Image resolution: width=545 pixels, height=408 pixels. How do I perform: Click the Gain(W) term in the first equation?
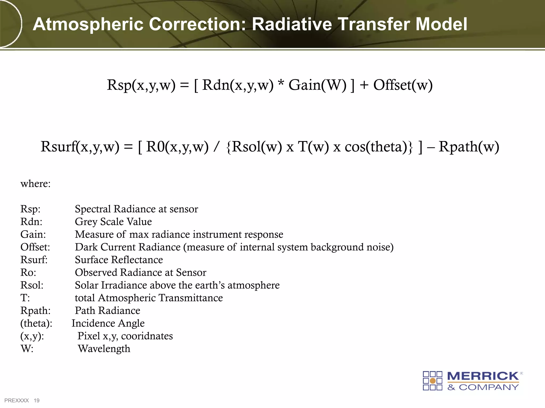tap(317, 85)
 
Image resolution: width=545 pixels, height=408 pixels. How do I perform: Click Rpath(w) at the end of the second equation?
tap(469, 147)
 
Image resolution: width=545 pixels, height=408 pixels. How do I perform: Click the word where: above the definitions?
tap(35, 184)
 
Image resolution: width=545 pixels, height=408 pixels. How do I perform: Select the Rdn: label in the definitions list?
tap(31, 222)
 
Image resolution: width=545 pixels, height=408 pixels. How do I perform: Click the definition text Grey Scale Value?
tap(113, 222)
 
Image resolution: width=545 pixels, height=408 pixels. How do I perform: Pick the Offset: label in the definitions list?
tap(35, 247)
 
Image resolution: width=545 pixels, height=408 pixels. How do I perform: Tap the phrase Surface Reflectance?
tap(119, 260)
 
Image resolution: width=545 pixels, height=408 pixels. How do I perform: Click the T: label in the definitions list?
tap(25, 298)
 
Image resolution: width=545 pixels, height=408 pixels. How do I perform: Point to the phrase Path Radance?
tap(108, 311)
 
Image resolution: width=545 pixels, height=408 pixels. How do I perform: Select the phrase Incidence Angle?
tap(108, 323)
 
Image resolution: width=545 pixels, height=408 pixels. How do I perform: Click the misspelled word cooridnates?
tap(147, 336)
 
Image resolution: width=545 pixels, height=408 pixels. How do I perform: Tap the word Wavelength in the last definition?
tap(104, 349)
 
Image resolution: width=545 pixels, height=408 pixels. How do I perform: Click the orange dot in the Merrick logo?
tap(433, 381)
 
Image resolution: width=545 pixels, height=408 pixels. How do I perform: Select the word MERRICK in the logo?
tap(483, 376)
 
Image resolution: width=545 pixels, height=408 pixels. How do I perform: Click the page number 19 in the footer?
tap(37, 401)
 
